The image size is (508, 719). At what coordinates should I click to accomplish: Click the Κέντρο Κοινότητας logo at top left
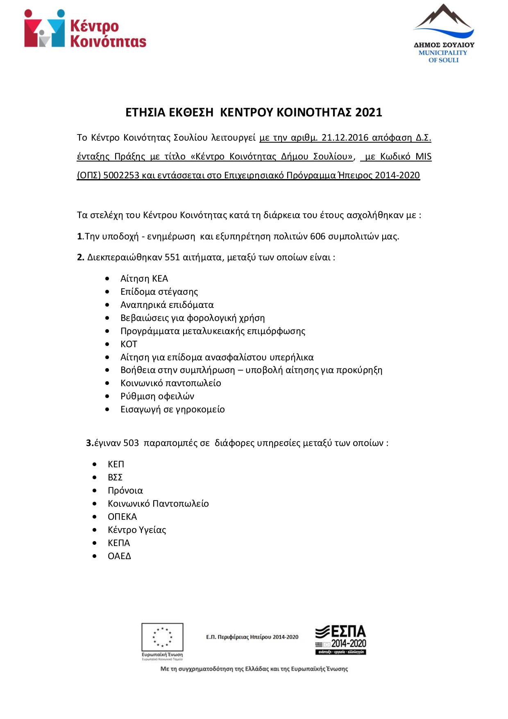(85, 29)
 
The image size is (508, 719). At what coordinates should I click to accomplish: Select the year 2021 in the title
(369, 112)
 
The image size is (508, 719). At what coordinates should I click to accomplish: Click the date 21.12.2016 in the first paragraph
(345, 137)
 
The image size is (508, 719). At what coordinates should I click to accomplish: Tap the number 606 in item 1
(318, 237)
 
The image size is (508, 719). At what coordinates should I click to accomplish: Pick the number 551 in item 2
(172, 257)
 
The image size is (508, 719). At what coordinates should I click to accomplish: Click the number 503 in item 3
(131, 443)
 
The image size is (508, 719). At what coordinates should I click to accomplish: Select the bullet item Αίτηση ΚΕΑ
(144, 279)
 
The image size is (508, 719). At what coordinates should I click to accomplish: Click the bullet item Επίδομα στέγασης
(159, 292)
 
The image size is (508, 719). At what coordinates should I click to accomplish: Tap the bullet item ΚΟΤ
(129, 344)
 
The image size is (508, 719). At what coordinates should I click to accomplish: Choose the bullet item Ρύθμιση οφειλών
(157, 396)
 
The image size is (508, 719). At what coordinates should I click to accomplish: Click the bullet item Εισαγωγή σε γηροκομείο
(172, 410)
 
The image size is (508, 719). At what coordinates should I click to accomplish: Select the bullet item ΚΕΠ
(116, 464)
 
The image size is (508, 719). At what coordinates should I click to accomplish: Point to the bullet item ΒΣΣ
(115, 478)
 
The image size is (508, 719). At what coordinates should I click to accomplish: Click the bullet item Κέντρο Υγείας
(137, 530)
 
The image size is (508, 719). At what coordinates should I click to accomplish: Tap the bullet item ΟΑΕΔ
(119, 556)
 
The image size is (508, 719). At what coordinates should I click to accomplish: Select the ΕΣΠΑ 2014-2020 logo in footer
(340, 640)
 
